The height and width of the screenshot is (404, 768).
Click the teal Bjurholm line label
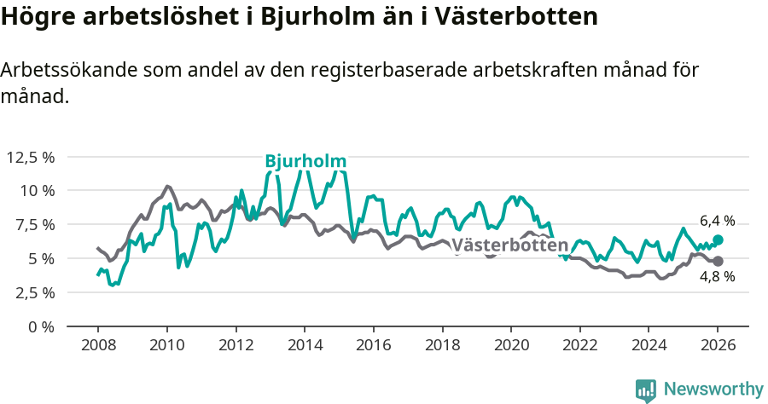(305, 161)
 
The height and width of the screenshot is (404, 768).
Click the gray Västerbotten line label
(509, 245)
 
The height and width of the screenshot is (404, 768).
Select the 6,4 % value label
(717, 221)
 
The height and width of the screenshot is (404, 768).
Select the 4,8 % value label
(717, 276)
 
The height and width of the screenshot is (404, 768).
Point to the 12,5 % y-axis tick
(30, 157)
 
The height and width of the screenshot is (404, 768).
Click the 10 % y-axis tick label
(37, 190)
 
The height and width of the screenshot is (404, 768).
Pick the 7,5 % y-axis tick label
(33, 224)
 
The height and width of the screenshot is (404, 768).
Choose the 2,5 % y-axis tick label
(33, 292)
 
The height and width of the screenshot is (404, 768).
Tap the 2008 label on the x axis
(97, 347)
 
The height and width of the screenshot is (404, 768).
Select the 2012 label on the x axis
(236, 347)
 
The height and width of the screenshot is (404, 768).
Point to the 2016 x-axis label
(373, 347)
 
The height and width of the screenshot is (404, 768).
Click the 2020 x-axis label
(510, 347)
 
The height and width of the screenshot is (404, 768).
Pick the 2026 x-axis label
(717, 347)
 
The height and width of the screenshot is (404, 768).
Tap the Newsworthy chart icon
(646, 390)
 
